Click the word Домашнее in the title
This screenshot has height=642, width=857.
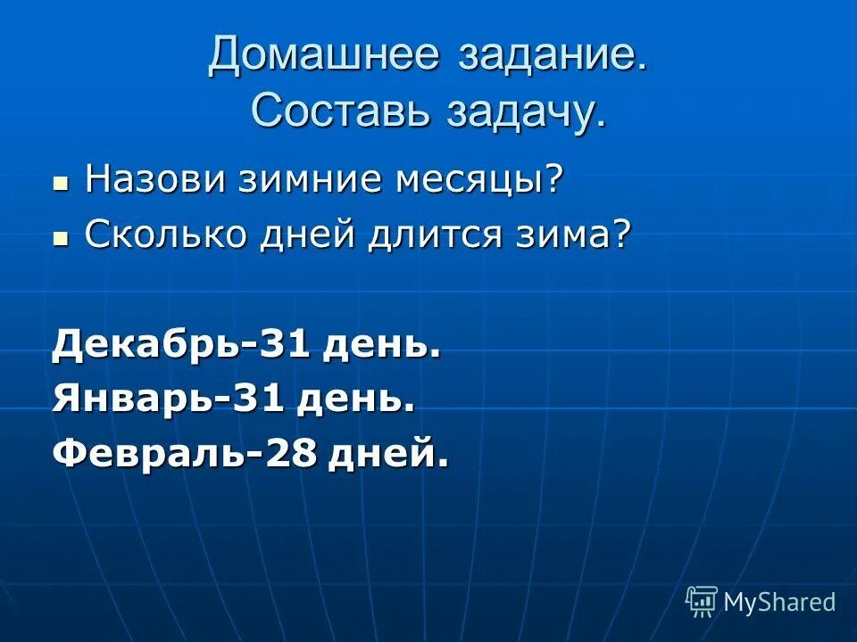pos(324,56)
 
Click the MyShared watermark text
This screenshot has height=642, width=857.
pos(779,602)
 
